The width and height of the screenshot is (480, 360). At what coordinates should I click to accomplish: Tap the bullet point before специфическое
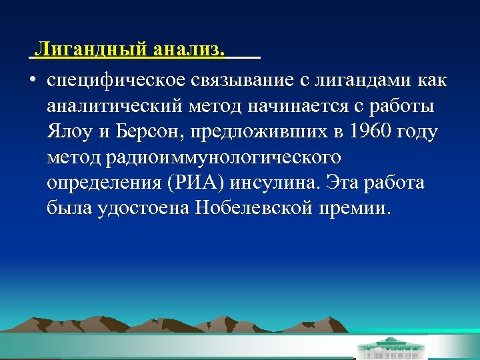click(32, 81)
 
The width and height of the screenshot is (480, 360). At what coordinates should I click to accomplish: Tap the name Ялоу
click(70, 132)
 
